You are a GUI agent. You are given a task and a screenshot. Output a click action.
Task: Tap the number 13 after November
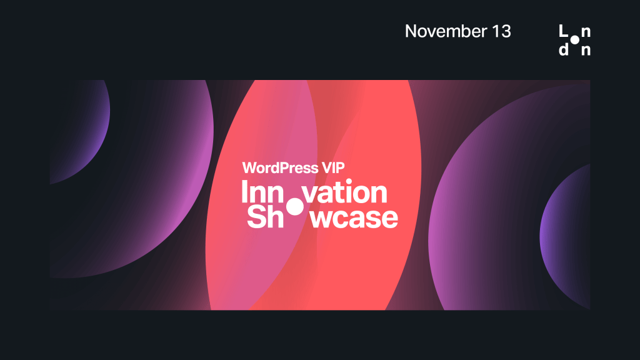(501, 31)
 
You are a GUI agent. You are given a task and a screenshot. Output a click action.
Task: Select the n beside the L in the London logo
(586, 32)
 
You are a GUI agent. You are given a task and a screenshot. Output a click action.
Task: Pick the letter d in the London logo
(563, 50)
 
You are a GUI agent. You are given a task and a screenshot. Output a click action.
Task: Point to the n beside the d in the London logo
(586, 51)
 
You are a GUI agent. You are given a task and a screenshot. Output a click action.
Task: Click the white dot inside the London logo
(574, 41)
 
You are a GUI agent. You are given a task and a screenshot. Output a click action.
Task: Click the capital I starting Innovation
(245, 193)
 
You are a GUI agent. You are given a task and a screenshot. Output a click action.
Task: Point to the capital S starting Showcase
(256, 217)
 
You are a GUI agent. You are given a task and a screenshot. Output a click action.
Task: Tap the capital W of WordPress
(249, 168)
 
